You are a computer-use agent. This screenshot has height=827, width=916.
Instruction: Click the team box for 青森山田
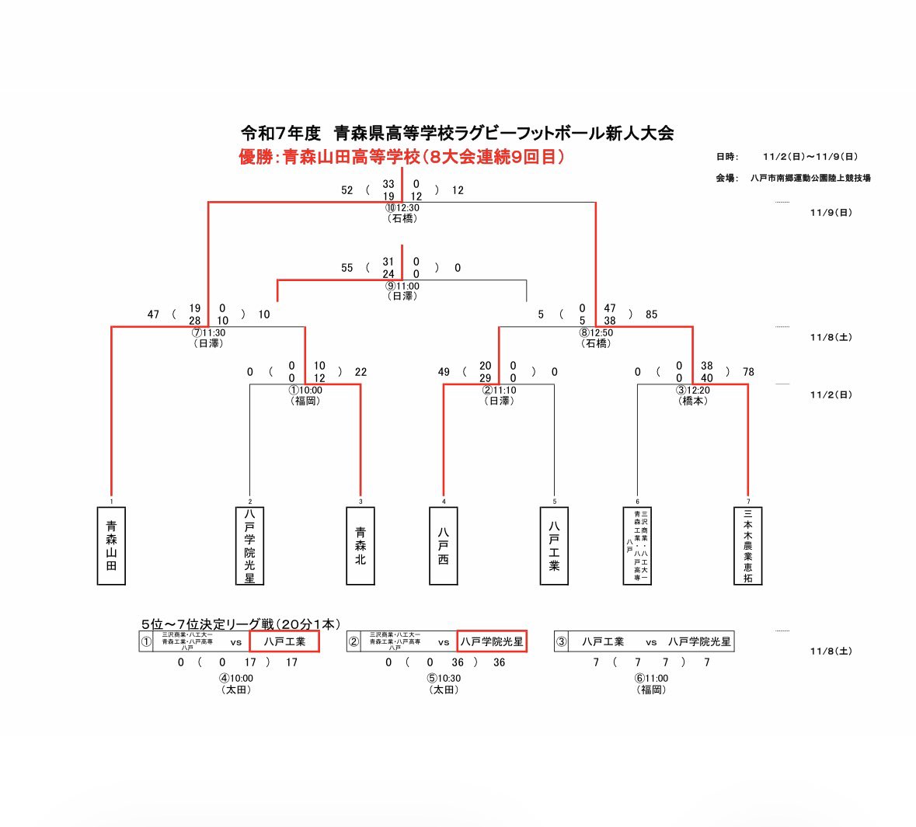pos(111,546)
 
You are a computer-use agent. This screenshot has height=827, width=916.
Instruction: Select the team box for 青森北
pos(360,546)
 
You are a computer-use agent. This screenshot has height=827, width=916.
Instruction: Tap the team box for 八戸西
pos(444,546)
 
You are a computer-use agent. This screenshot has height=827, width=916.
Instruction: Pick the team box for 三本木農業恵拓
pos(747,546)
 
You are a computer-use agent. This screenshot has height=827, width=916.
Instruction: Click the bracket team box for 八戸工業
pos(554,546)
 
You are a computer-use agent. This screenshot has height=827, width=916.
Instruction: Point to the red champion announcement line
pos(401,157)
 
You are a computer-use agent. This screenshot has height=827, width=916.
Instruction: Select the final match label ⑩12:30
pos(402,208)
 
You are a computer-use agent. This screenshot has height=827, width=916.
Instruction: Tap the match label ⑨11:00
pos(402,287)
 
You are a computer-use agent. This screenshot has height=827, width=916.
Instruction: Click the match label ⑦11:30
pos(209,333)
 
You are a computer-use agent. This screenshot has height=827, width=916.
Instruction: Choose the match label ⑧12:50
pos(596,333)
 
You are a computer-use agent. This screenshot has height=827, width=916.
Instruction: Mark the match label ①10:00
pos(305,391)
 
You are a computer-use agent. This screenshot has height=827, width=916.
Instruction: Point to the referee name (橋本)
pos(693,401)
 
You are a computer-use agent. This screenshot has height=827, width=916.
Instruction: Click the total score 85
pos(651,314)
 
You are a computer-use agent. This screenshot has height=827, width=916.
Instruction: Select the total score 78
pos(748,372)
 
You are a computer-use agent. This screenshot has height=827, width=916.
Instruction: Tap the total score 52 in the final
pos(347,190)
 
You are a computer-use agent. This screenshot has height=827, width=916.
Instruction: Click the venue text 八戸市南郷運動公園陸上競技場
pos(810,178)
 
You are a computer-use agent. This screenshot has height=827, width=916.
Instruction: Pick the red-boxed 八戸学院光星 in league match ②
pos(492,641)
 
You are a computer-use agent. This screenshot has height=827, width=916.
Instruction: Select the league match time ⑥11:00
pos(651,679)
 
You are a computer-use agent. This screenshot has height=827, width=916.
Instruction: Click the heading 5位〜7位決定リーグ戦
pos(240,624)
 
